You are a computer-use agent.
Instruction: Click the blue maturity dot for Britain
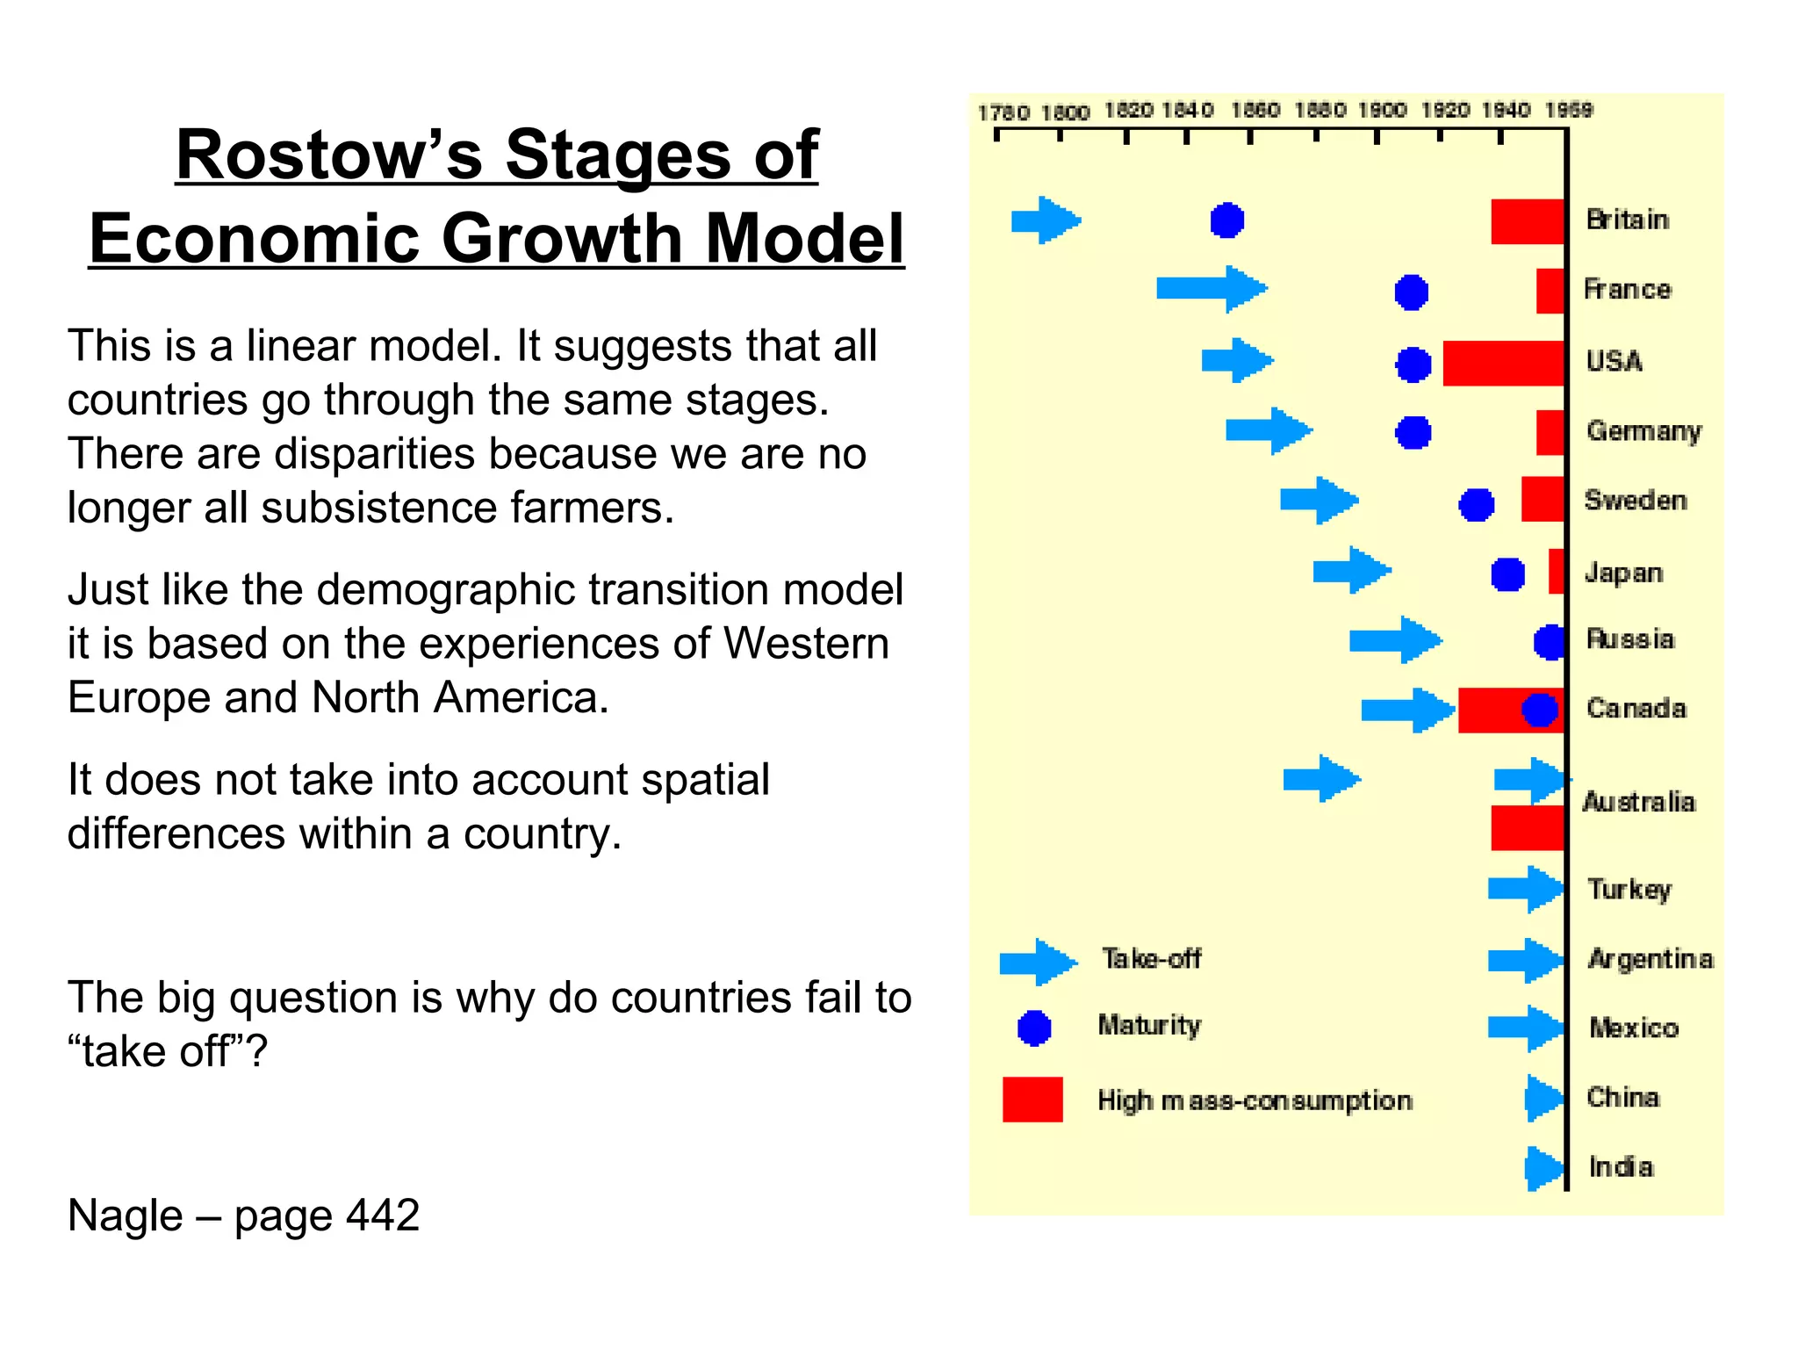pos(1226,220)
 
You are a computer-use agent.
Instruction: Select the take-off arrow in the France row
pos(1211,288)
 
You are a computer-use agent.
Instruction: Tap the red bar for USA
pos(1503,363)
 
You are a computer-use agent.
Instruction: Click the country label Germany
pos(1643,430)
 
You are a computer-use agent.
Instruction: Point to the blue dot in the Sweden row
pos(1476,505)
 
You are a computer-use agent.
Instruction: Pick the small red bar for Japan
pos(1556,571)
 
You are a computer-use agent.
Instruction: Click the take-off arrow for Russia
pos(1394,639)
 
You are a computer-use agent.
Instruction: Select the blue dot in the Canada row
pos(1539,710)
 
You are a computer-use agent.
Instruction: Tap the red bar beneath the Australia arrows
pos(1527,827)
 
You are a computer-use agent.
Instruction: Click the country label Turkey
pos(1629,889)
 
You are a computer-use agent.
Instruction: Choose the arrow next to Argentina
pos(1525,959)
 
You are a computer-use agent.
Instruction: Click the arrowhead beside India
pos(1544,1168)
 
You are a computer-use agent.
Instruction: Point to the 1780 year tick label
pos(1003,112)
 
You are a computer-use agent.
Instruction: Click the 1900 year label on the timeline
pos(1382,111)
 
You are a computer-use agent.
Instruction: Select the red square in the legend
pos(1032,1100)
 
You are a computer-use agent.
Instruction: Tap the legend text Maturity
pos(1148,1025)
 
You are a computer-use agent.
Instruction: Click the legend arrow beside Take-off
pos(1038,962)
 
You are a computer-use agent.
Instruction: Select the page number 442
pos(383,1216)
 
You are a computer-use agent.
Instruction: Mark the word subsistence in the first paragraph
pos(381,508)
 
